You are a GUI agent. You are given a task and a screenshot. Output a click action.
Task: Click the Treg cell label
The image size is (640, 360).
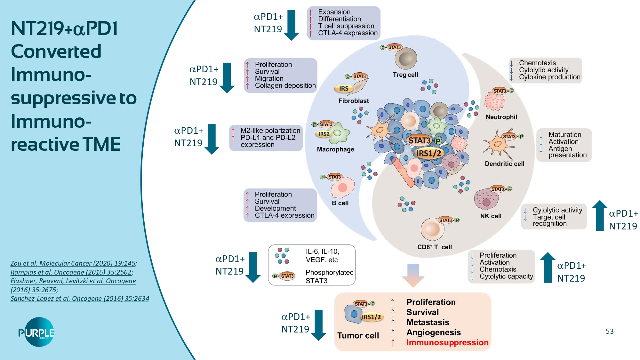click(405, 75)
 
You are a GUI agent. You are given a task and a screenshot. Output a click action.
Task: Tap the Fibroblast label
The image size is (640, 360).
click(354, 101)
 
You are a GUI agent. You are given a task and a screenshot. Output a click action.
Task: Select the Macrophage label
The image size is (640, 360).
click(335, 149)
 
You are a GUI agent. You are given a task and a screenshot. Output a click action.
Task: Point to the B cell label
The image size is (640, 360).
click(340, 203)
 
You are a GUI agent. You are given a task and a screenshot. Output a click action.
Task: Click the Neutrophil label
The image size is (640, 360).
click(501, 117)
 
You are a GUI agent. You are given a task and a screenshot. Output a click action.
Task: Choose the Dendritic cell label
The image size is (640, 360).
click(505, 164)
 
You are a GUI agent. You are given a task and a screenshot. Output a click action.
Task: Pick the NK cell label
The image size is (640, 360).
click(491, 216)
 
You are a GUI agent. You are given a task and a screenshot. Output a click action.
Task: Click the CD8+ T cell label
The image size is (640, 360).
click(434, 247)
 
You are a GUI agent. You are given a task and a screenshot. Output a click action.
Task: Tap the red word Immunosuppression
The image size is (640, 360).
click(447, 342)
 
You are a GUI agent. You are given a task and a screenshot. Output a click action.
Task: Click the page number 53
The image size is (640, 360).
click(610, 331)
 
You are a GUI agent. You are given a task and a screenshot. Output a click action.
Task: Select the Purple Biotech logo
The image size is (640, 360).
click(36, 332)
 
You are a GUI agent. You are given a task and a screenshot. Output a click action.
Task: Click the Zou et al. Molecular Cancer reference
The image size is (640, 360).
click(73, 263)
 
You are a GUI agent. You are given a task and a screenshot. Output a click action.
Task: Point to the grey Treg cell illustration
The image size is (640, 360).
click(406, 59)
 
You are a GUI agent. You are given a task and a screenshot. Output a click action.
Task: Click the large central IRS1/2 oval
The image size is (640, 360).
click(428, 153)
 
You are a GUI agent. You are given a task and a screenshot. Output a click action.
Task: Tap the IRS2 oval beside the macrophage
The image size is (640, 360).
click(324, 134)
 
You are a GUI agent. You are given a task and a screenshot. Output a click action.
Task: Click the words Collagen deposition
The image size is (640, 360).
click(285, 86)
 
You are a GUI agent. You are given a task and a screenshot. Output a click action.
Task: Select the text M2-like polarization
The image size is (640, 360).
click(270, 131)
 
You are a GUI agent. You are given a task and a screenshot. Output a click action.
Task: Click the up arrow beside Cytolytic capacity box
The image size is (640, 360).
click(548, 268)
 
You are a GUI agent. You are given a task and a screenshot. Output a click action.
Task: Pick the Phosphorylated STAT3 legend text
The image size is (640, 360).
click(329, 276)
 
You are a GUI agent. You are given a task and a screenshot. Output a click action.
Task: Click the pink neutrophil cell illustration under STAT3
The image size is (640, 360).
click(494, 101)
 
